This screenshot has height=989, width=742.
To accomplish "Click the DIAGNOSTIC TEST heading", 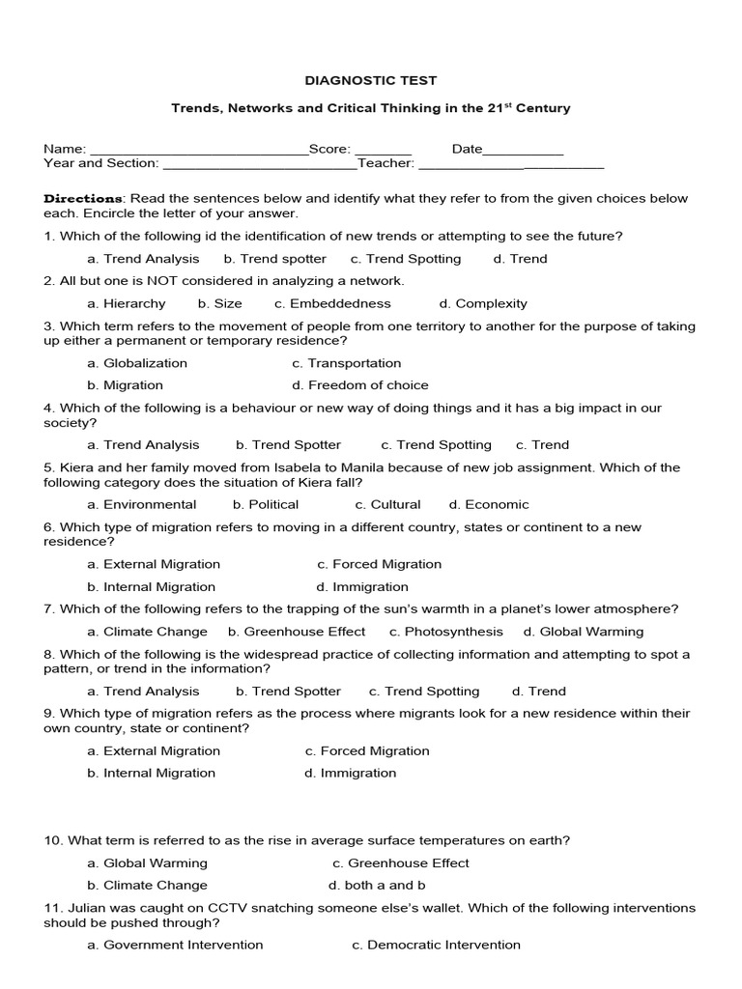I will coord(371,81).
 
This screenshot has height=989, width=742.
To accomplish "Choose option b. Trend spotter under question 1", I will coord(275,259).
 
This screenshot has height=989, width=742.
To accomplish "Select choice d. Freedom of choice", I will coord(360,385).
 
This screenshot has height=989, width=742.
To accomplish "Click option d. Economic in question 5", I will coord(489,504).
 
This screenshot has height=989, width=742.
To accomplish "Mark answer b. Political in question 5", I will coord(266,504).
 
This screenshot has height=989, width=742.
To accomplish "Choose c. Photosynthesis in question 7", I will coord(446,632).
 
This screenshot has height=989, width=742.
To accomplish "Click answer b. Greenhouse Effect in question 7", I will coord(297,632).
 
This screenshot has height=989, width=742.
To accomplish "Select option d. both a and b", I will coord(377,885).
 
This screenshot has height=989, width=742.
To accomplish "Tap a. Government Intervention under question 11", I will coord(175,945).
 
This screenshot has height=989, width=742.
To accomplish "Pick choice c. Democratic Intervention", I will coord(437,945).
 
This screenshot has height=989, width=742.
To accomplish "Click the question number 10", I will coord(52,840).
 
